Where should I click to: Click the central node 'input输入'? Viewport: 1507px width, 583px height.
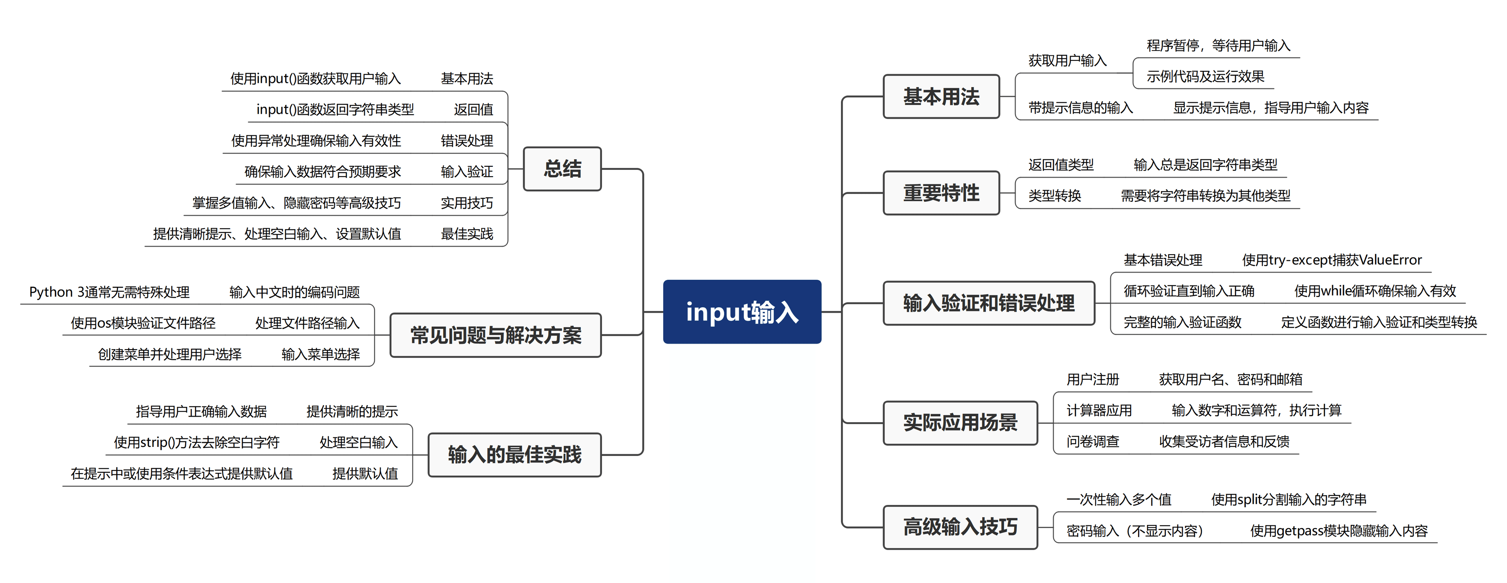742,312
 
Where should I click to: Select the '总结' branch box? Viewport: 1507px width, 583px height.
562,169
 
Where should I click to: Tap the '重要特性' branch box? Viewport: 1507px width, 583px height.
941,193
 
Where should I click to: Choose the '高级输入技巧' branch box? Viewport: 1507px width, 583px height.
960,527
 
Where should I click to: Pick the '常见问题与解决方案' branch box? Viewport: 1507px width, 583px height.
496,335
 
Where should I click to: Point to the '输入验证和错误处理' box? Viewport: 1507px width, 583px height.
989,303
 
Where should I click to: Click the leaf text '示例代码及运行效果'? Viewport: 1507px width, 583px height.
1205,77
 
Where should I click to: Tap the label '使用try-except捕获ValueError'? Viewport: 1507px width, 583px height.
1332,260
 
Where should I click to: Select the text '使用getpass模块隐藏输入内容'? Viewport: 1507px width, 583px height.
1339,531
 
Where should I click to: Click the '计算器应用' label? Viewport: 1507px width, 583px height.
1099,410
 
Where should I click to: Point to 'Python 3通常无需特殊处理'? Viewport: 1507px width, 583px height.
109,292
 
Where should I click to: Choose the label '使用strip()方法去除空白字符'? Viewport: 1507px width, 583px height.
197,443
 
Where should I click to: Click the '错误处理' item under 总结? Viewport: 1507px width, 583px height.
467,141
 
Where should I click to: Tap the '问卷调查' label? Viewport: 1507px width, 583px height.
1092,441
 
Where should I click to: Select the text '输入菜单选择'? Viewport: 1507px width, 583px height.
321,354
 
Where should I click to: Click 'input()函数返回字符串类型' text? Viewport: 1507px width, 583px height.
335,110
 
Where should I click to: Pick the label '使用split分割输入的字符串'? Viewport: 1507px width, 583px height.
1288,500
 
